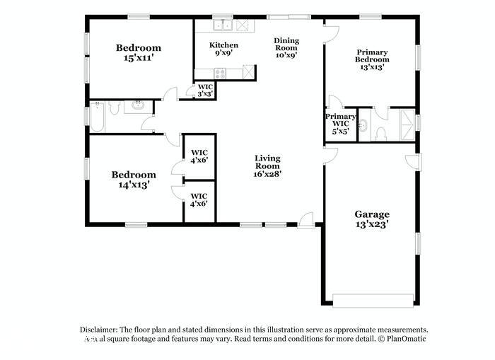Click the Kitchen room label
[223, 50]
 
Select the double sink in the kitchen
[226, 26]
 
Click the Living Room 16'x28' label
[268, 167]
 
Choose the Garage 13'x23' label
[372, 219]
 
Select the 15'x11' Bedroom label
[139, 54]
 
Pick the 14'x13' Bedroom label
[134, 180]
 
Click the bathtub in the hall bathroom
[100, 117]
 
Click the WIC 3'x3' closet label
[204, 90]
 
